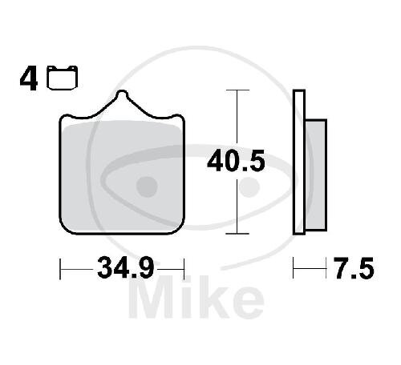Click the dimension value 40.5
click(236, 161)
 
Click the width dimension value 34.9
click(126, 267)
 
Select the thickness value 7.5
click(354, 268)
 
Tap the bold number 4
click(28, 78)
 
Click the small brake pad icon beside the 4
click(62, 78)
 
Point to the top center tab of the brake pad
click(122, 94)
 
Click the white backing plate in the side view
click(299, 162)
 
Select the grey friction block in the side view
click(316, 175)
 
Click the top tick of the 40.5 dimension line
click(237, 90)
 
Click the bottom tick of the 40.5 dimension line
click(237, 234)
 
